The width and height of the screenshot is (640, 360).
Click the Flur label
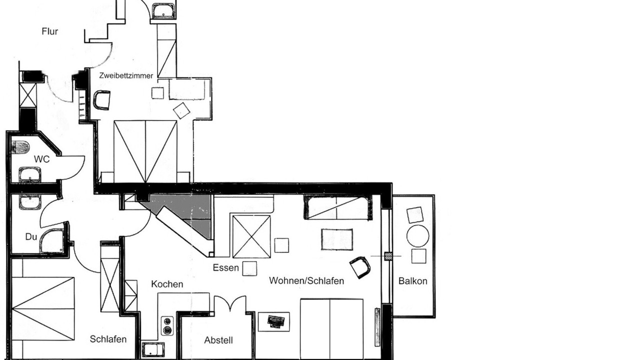pyautogui.click(x=49, y=31)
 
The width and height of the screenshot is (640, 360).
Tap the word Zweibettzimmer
pyautogui.click(x=126, y=75)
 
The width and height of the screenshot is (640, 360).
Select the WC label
pyautogui.click(x=41, y=159)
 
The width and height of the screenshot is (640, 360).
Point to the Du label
pyautogui.click(x=31, y=236)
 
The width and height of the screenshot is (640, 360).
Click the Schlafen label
pyautogui.click(x=108, y=339)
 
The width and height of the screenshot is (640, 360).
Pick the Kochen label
pyautogui.click(x=167, y=284)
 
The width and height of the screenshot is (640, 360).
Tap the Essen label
pyautogui.click(x=225, y=267)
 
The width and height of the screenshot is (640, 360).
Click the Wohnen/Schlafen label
pyautogui.click(x=306, y=280)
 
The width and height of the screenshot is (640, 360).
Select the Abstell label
pyautogui.click(x=218, y=340)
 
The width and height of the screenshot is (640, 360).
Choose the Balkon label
pyautogui.click(x=413, y=281)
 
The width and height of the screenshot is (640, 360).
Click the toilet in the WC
pyautogui.click(x=20, y=147)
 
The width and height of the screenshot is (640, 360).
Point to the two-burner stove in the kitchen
pyautogui.click(x=167, y=325)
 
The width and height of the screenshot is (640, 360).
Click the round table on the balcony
pyautogui.click(x=417, y=236)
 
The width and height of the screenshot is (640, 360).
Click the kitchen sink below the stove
pyautogui.click(x=153, y=349)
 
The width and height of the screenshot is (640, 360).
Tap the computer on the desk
pyautogui.click(x=275, y=321)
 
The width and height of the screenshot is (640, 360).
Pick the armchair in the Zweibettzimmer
pyautogui.click(x=101, y=100)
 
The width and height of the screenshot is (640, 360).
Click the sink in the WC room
pyautogui.click(x=29, y=175)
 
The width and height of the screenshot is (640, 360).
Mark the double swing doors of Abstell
pyautogui.click(x=230, y=303)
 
